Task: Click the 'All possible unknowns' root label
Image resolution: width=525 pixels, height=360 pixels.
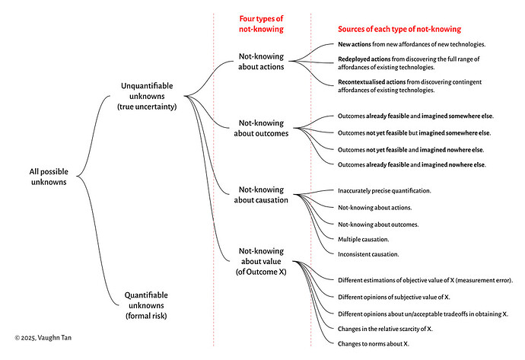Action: pyautogui.click(x=49, y=177)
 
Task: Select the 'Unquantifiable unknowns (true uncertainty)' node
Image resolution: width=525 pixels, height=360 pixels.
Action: pyautogui.click(x=147, y=96)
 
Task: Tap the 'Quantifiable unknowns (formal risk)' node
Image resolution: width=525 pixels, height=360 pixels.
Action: pyautogui.click(x=146, y=305)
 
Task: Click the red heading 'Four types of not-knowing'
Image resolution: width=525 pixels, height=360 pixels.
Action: pyautogui.click(x=261, y=24)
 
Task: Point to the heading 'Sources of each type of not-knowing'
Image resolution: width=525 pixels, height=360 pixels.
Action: pyautogui.click(x=399, y=29)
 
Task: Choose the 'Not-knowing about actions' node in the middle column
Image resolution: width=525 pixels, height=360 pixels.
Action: pyautogui.click(x=261, y=62)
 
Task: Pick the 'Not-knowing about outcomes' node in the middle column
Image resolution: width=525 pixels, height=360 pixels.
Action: pyautogui.click(x=261, y=128)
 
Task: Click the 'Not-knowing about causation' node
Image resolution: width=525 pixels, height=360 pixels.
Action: pyautogui.click(x=261, y=195)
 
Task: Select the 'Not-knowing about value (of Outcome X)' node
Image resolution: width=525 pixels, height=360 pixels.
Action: pyautogui.click(x=261, y=261)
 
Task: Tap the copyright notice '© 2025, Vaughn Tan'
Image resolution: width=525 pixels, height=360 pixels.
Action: pyautogui.click(x=43, y=338)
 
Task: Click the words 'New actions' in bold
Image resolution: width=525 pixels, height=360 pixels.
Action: pyautogui.click(x=355, y=44)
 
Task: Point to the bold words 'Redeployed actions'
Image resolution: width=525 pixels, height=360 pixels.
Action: pyautogui.click(x=364, y=59)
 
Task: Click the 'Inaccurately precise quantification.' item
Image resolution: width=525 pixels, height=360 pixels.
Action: pyautogui.click(x=384, y=190)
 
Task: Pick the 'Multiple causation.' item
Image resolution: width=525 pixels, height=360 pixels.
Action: pyautogui.click(x=363, y=239)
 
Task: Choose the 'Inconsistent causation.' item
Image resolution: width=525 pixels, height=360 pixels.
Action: pyautogui.click(x=368, y=254)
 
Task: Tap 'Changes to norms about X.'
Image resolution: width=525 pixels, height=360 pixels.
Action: pyautogui.click(x=374, y=343)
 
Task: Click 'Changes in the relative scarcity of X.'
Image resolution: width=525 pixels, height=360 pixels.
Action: pyautogui.click(x=385, y=329)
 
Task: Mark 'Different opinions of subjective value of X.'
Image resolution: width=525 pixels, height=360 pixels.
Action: pyautogui.click(x=394, y=297)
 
